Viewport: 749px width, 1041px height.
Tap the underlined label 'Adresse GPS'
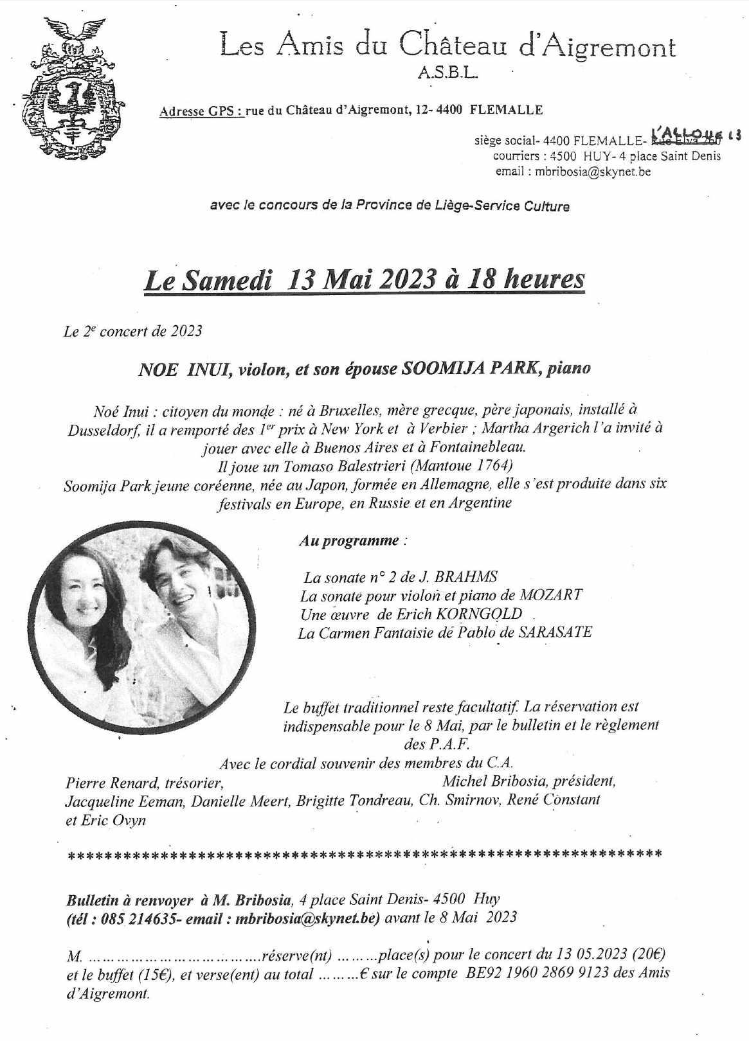click(x=201, y=111)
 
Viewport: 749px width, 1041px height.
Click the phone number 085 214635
click(x=136, y=917)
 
